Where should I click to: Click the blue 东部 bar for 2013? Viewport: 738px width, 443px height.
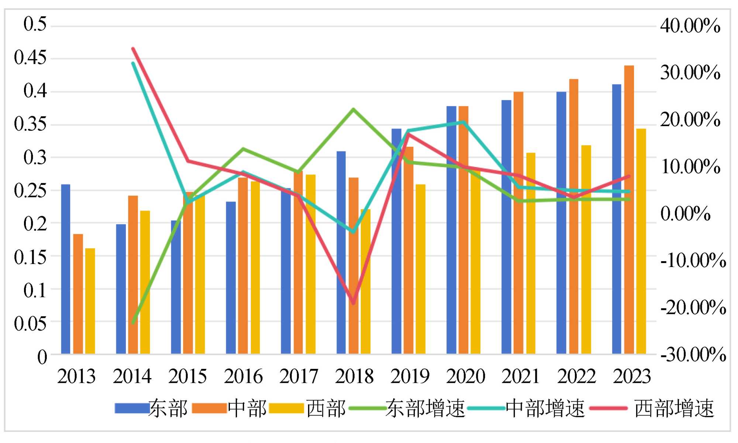66,269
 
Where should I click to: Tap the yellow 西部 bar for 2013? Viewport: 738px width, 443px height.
90,301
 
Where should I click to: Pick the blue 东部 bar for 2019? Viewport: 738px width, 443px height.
396,241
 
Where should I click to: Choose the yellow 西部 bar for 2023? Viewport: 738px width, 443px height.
641,241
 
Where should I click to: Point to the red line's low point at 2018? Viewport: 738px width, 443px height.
354,303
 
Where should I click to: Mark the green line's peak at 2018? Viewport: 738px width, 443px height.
353,109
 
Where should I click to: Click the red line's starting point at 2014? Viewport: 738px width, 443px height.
133,48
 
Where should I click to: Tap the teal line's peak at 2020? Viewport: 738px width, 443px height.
463,122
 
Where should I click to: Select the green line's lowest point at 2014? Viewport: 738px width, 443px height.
133,323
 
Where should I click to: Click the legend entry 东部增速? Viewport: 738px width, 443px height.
424,409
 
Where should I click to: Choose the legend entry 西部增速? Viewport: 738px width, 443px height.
674,409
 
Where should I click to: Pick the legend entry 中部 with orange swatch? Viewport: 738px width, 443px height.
246,409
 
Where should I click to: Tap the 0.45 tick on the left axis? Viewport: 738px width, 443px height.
31,58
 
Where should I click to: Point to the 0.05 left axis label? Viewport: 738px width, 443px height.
31,323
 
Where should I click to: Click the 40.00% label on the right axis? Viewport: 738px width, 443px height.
690,26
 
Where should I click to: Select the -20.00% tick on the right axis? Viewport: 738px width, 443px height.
693,307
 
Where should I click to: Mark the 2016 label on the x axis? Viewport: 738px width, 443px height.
243,376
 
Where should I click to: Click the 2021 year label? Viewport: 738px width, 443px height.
521,376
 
